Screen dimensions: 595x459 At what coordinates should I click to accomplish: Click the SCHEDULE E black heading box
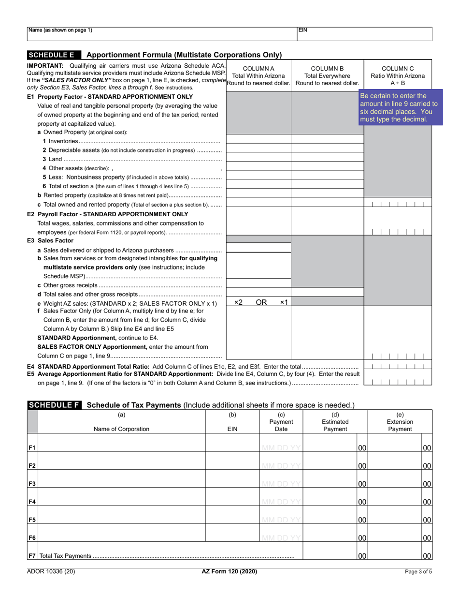tap(54, 55)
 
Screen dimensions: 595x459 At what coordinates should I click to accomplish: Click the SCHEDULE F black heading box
tap(54, 404)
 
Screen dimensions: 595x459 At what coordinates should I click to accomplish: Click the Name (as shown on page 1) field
tap(162, 34)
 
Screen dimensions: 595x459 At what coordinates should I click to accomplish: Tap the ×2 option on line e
tap(238, 302)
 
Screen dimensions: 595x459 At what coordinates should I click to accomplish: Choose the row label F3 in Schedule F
tap(32, 484)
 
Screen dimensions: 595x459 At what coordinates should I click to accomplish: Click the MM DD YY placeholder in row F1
tap(281, 448)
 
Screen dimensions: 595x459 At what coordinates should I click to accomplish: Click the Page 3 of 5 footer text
tap(418, 572)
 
